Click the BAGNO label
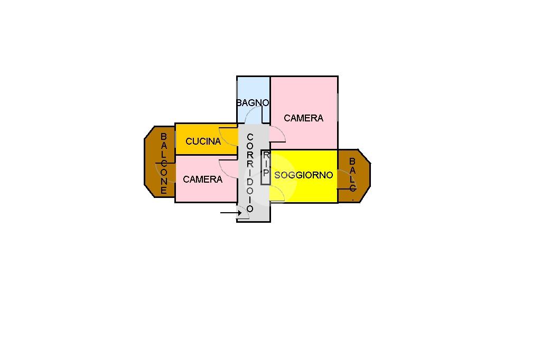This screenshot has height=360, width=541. (x=253, y=103)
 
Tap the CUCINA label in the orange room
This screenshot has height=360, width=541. (x=203, y=141)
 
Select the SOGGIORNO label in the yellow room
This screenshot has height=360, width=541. (x=304, y=175)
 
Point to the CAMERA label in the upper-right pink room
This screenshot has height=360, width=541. (x=303, y=118)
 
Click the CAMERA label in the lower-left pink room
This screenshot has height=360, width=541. (x=203, y=179)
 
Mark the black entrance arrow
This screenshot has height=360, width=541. (x=230, y=213)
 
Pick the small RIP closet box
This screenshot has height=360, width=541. (x=266, y=167)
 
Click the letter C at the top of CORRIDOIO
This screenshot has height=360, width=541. (x=250, y=137)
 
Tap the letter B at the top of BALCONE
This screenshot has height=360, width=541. (x=164, y=137)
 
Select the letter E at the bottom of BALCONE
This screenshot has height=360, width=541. (x=164, y=191)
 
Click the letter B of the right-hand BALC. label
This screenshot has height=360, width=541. (x=352, y=161)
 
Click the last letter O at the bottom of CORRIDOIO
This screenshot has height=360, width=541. (x=250, y=209)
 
